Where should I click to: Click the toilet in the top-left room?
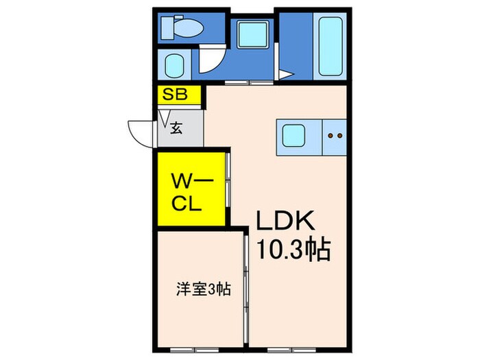[x=180, y=29]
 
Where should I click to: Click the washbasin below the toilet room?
[x=173, y=66]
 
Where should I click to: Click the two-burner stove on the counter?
[x=335, y=136]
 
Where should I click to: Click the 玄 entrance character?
[x=176, y=128]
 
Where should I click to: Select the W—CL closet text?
[x=192, y=193]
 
